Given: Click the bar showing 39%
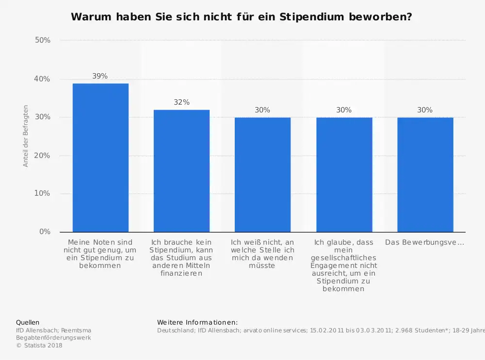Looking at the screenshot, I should click(100, 157).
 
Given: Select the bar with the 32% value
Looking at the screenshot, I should click(181, 171).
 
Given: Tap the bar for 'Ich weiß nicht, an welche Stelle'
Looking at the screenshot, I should click(262, 174).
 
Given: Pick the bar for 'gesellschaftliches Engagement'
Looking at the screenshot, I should click(344, 174).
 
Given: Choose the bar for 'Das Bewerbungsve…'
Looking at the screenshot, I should click(425, 174).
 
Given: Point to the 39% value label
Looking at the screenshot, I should click(100, 76).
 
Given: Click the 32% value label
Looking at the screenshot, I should click(181, 102).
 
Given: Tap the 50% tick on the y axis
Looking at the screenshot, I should click(43, 40).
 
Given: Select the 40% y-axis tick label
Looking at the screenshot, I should click(43, 79).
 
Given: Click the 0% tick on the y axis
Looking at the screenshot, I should click(45, 232).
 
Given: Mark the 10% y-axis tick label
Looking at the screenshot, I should click(43, 193).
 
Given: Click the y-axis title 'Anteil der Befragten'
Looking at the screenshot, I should click(26, 136).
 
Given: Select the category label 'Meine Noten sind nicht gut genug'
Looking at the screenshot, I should click(100, 253).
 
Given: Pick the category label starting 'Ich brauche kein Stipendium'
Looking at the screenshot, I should click(181, 257).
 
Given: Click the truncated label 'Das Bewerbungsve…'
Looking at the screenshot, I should click(424, 242).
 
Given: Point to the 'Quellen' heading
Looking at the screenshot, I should click(28, 322).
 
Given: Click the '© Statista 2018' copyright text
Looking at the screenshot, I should click(39, 345).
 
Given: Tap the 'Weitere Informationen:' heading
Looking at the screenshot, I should click(197, 322).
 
